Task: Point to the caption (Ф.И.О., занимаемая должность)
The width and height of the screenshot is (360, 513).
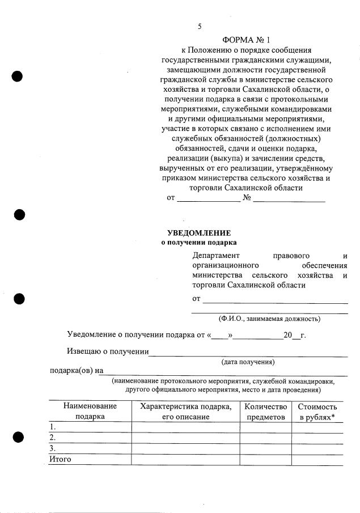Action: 269,319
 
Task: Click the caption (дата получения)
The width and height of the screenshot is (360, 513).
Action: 248,362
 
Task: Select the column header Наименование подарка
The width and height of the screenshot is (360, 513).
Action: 90,411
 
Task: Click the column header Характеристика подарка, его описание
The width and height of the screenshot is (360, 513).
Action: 185,411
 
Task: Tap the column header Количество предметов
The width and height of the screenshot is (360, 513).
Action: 265,411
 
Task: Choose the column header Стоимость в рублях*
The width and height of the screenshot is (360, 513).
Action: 317,411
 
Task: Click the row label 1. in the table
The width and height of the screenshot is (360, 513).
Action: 53,427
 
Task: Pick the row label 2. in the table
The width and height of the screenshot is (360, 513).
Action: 53,438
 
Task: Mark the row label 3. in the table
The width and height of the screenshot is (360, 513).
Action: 53,448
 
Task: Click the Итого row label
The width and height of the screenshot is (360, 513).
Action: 60,459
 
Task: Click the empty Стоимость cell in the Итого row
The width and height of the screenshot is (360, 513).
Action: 317,459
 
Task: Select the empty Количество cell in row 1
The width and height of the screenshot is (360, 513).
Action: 265,427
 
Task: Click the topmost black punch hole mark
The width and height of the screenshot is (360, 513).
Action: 18,76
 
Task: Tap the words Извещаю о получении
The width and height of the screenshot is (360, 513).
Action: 107,351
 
